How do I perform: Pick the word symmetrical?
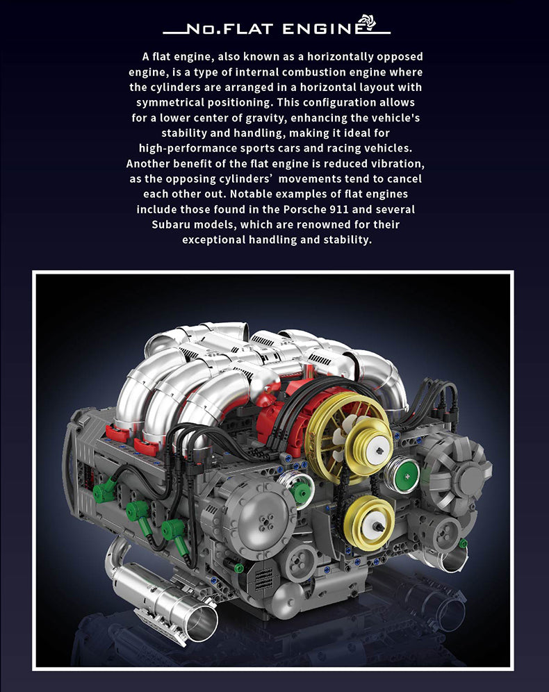point(170,102)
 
